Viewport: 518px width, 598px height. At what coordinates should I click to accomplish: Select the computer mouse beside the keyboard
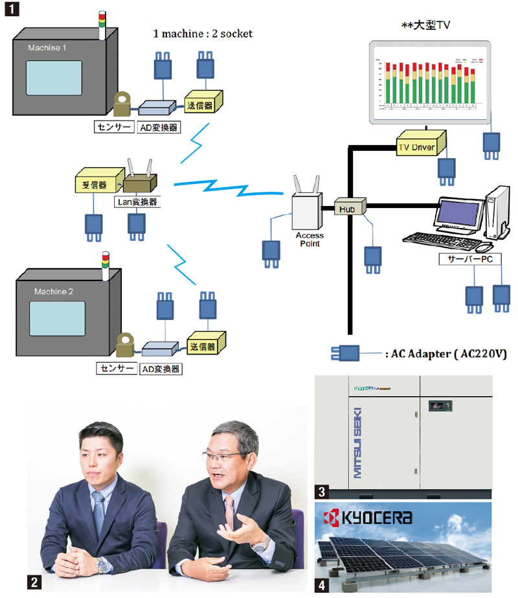tap(483, 247)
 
